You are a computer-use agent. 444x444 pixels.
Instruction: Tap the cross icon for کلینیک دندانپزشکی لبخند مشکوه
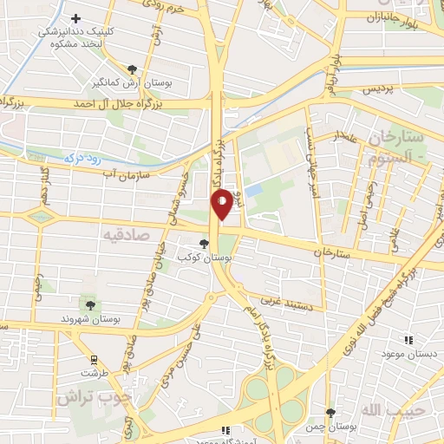click(x=76, y=18)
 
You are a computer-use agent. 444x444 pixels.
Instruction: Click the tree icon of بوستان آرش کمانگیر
click(x=131, y=69)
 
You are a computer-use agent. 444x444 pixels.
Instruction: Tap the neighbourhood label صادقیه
click(x=126, y=234)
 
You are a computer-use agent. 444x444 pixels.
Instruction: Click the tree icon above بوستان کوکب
click(x=204, y=245)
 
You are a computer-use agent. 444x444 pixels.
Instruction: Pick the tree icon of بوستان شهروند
click(x=89, y=304)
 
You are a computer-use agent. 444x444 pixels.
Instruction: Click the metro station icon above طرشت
click(x=95, y=359)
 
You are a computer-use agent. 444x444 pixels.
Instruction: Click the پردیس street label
click(x=377, y=88)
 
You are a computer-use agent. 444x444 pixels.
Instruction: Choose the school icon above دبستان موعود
click(x=408, y=339)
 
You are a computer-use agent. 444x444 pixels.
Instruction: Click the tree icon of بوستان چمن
click(x=330, y=412)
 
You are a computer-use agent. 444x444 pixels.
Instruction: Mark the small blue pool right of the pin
click(x=253, y=190)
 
